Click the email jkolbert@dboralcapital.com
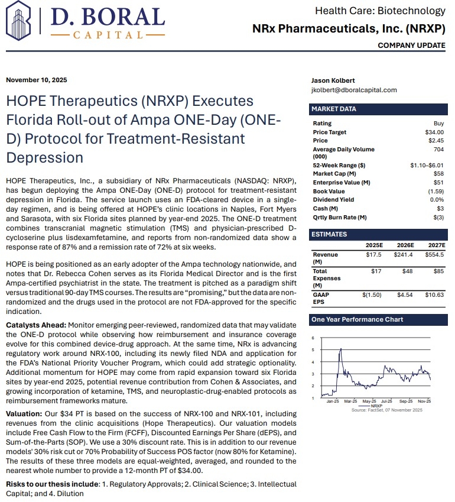pyautogui.click(x=354, y=90)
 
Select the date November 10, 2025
pyautogui.click(x=37, y=80)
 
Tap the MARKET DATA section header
pyautogui.click(x=334, y=109)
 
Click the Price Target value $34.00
pyautogui.click(x=434, y=132)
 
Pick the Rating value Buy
pyautogui.click(x=438, y=123)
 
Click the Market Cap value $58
pyautogui.click(x=438, y=174)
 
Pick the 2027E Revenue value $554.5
pyautogui.click(x=434, y=254)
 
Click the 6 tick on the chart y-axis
pyautogui.click(x=313, y=338)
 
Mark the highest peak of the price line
pyautogui.click(x=340, y=349)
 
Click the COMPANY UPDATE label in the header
pyautogui.click(x=411, y=46)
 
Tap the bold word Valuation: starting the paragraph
pyautogui.click(x=24, y=414)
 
